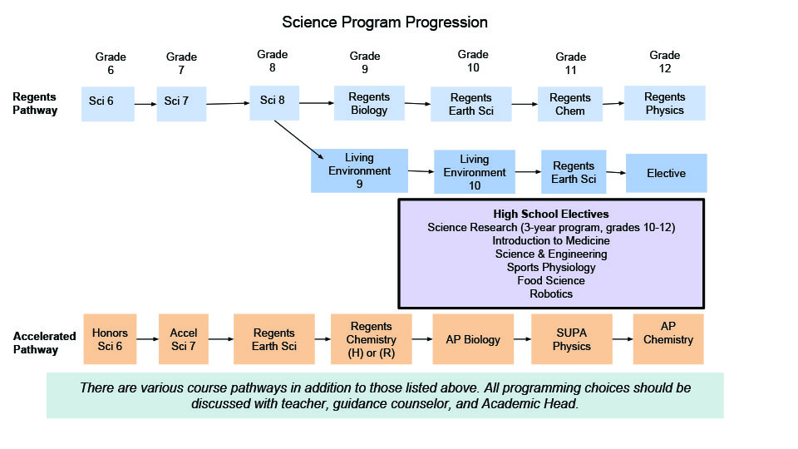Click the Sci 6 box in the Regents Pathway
point(108,104)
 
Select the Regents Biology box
point(369,103)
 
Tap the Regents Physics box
point(665,103)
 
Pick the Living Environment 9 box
point(359,170)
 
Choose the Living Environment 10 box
point(475,171)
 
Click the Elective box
point(666,173)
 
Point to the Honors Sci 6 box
point(110,339)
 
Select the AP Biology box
point(473,339)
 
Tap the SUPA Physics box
point(572,339)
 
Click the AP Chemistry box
point(668,339)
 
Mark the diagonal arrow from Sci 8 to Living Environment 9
point(298,140)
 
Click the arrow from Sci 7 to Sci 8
point(228,103)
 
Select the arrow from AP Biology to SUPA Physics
point(522,339)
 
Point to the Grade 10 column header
point(473,61)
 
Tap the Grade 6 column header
point(111,63)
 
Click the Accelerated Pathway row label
point(44,343)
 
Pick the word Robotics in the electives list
point(551,294)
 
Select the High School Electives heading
point(551,214)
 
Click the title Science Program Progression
point(385,22)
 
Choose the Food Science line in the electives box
point(551,280)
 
